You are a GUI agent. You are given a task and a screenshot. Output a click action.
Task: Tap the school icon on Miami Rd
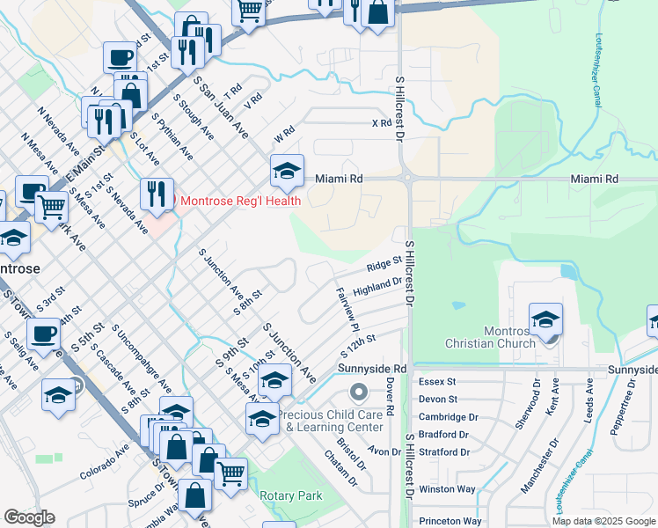pyautogui.click(x=287, y=171)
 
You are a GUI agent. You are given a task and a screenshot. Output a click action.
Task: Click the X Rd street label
pyautogui.click(x=381, y=123)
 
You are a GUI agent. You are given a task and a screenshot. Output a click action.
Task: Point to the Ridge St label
pyautogui.click(x=384, y=263)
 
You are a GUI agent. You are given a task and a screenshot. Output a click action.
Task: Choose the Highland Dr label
pyautogui.click(x=377, y=286)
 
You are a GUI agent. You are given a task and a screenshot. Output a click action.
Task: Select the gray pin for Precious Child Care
pyautogui.click(x=357, y=391)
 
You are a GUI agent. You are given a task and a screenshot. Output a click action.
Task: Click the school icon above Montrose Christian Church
pyautogui.click(x=546, y=319)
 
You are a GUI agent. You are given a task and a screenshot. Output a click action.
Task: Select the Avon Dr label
pyautogui.click(x=384, y=451)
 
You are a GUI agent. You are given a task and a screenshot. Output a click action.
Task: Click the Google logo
pyautogui.click(x=30, y=517)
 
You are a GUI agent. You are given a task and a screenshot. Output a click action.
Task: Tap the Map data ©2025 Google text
pyautogui.click(x=603, y=521)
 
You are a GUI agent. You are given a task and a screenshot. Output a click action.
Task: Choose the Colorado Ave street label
pyautogui.click(x=105, y=460)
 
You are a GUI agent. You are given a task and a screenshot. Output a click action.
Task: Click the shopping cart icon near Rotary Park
pyautogui.click(x=231, y=473)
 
